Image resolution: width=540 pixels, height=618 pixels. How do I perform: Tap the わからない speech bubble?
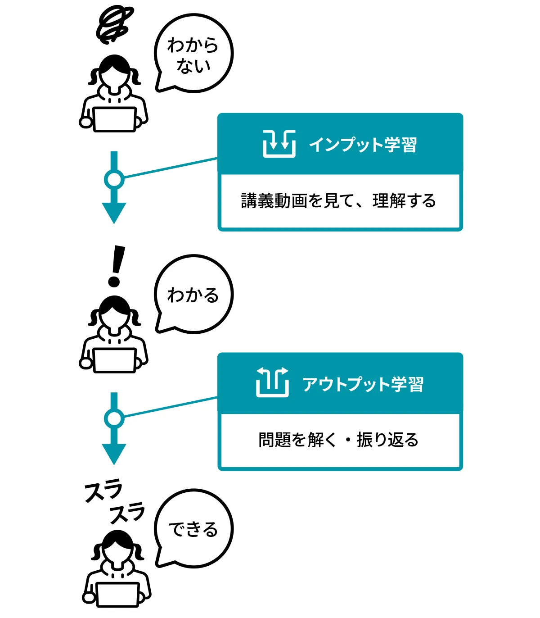pos(193,54)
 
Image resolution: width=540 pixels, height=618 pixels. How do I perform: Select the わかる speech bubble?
pos(193,295)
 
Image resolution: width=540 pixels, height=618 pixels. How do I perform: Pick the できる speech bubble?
pos(193,529)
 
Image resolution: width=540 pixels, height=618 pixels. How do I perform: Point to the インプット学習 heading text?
pos(363,145)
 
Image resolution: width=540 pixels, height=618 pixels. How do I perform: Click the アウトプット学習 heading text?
pos(363,384)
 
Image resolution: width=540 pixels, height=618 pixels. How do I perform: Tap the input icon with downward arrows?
pos(279,144)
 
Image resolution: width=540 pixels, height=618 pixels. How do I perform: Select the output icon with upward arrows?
pos(272,382)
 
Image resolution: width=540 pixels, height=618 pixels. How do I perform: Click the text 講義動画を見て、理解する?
pos(338,201)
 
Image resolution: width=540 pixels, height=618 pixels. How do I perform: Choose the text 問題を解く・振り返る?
pos(338,440)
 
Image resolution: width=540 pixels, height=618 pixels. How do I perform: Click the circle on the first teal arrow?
pos(114,179)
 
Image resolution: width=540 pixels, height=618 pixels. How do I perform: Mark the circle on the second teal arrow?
pos(114,418)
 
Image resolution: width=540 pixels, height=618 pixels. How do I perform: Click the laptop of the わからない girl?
pos(115,119)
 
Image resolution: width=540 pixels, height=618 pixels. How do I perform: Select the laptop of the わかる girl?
pos(115,360)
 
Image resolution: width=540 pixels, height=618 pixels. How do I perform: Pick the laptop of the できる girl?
pos(117,595)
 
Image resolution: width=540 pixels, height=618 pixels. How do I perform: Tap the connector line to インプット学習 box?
pos(171,168)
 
